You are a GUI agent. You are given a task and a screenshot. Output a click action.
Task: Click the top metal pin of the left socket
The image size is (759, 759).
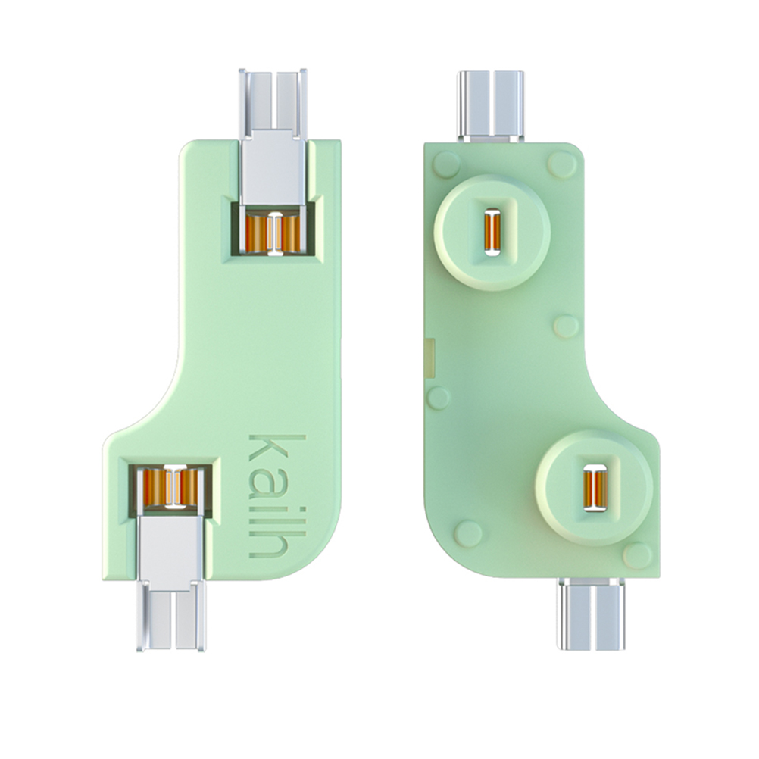pos(273,138)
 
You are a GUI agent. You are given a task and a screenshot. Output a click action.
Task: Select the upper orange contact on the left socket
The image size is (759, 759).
pos(273,233)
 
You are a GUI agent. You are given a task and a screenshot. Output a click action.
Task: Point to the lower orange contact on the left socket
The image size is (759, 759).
pos(170,486)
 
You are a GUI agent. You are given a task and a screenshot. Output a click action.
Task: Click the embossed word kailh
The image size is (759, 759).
pos(277,495)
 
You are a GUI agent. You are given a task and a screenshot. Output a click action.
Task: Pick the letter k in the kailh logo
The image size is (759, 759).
pos(277,447)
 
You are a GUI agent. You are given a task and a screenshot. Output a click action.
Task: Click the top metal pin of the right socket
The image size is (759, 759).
pos(491,106)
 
